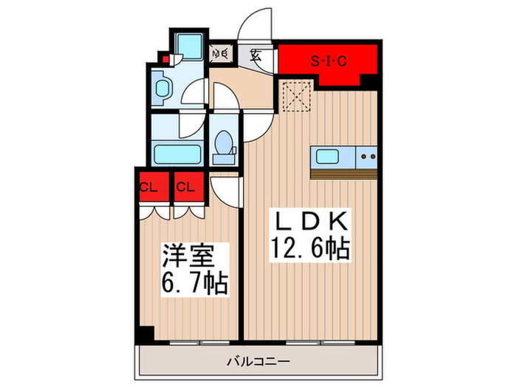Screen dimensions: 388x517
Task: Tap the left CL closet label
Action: [x=148, y=186]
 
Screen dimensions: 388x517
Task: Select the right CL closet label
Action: [x=185, y=186]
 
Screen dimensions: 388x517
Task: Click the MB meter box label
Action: [x=219, y=53]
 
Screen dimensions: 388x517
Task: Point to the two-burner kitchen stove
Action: [x=368, y=157]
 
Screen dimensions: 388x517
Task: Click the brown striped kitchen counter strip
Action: [x=344, y=174]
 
